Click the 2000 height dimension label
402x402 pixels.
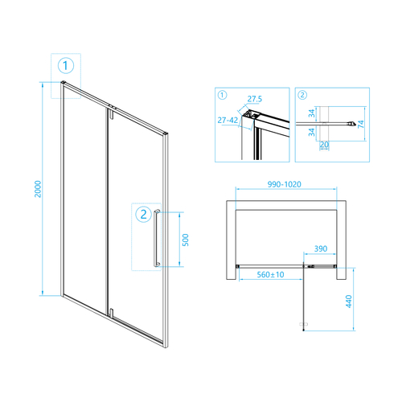pyautogui.click(x=38, y=189)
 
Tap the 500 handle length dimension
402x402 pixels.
pyautogui.click(x=185, y=240)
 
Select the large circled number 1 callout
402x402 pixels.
pyautogui.click(x=66, y=66)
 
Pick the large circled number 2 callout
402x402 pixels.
pyautogui.click(x=144, y=214)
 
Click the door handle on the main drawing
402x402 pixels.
pyautogui.click(x=156, y=238)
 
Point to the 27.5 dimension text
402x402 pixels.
pyautogui.click(x=255, y=99)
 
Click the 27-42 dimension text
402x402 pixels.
pyautogui.click(x=228, y=120)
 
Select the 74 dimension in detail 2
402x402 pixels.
pyautogui.click(x=361, y=124)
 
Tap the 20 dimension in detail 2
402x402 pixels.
pyautogui.click(x=324, y=145)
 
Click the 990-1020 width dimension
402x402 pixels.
pyautogui.click(x=285, y=184)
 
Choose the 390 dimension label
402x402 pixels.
pyautogui.click(x=321, y=248)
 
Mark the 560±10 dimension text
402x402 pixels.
pyautogui.click(x=270, y=274)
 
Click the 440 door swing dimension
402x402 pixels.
pyautogui.click(x=349, y=301)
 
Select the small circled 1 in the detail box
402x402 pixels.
pyautogui.click(x=222, y=95)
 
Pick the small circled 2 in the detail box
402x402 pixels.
pyautogui.click(x=302, y=95)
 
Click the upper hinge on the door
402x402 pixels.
pyautogui.click(x=112, y=113)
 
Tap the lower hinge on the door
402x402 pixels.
pyautogui.click(x=112, y=313)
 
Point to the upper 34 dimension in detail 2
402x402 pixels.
pyautogui.click(x=312, y=113)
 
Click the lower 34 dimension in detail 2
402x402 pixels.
pyautogui.click(x=312, y=132)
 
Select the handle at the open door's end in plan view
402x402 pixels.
pyautogui.click(x=303, y=324)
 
